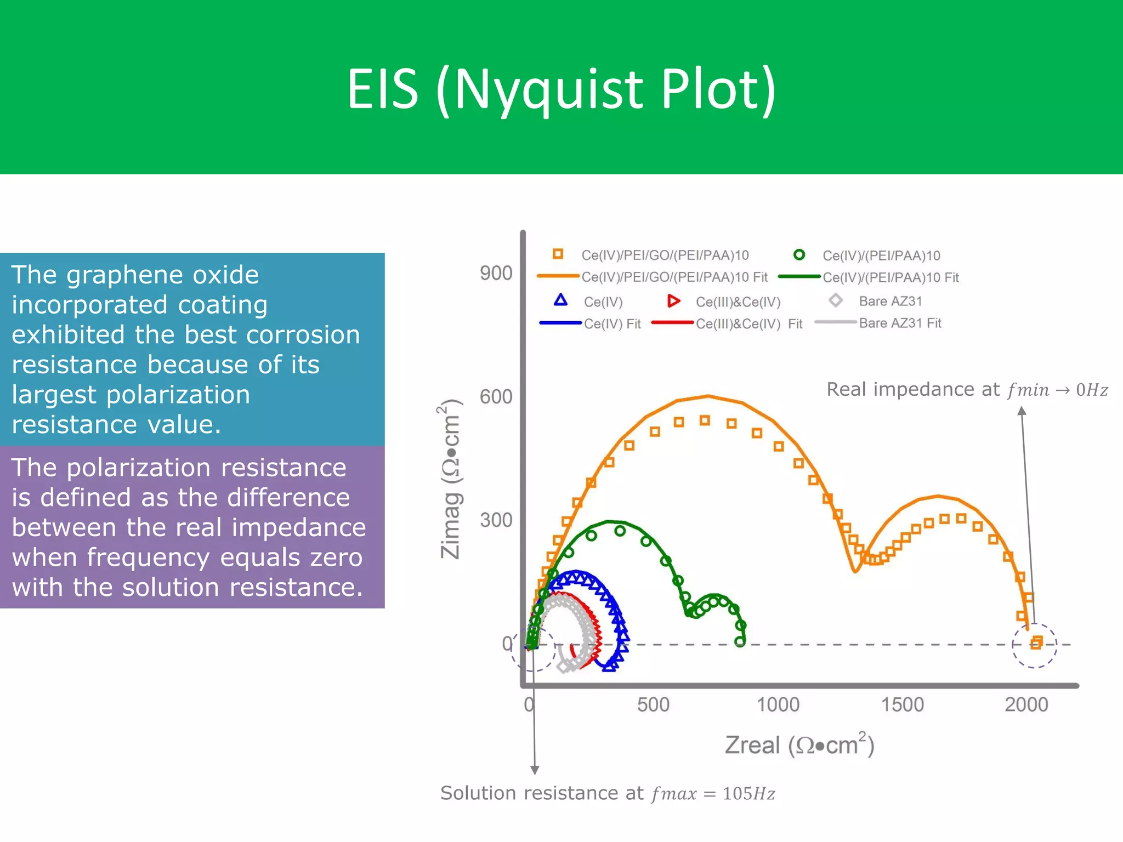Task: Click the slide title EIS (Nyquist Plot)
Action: tap(561, 89)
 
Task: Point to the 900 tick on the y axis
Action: tap(496, 273)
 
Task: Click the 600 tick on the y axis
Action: tap(496, 396)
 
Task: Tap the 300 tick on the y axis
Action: tap(496, 520)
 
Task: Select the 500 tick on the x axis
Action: tap(653, 704)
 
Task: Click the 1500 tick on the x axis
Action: tap(902, 704)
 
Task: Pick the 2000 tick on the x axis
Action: tap(1026, 704)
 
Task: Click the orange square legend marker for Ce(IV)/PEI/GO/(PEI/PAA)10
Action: tap(558, 254)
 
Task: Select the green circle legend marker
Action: tap(799, 254)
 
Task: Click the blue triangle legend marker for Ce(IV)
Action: tap(560, 300)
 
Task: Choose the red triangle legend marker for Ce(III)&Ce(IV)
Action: tap(673, 300)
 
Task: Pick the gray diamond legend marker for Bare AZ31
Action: tap(835, 300)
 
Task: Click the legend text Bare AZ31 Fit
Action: tap(900, 323)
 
